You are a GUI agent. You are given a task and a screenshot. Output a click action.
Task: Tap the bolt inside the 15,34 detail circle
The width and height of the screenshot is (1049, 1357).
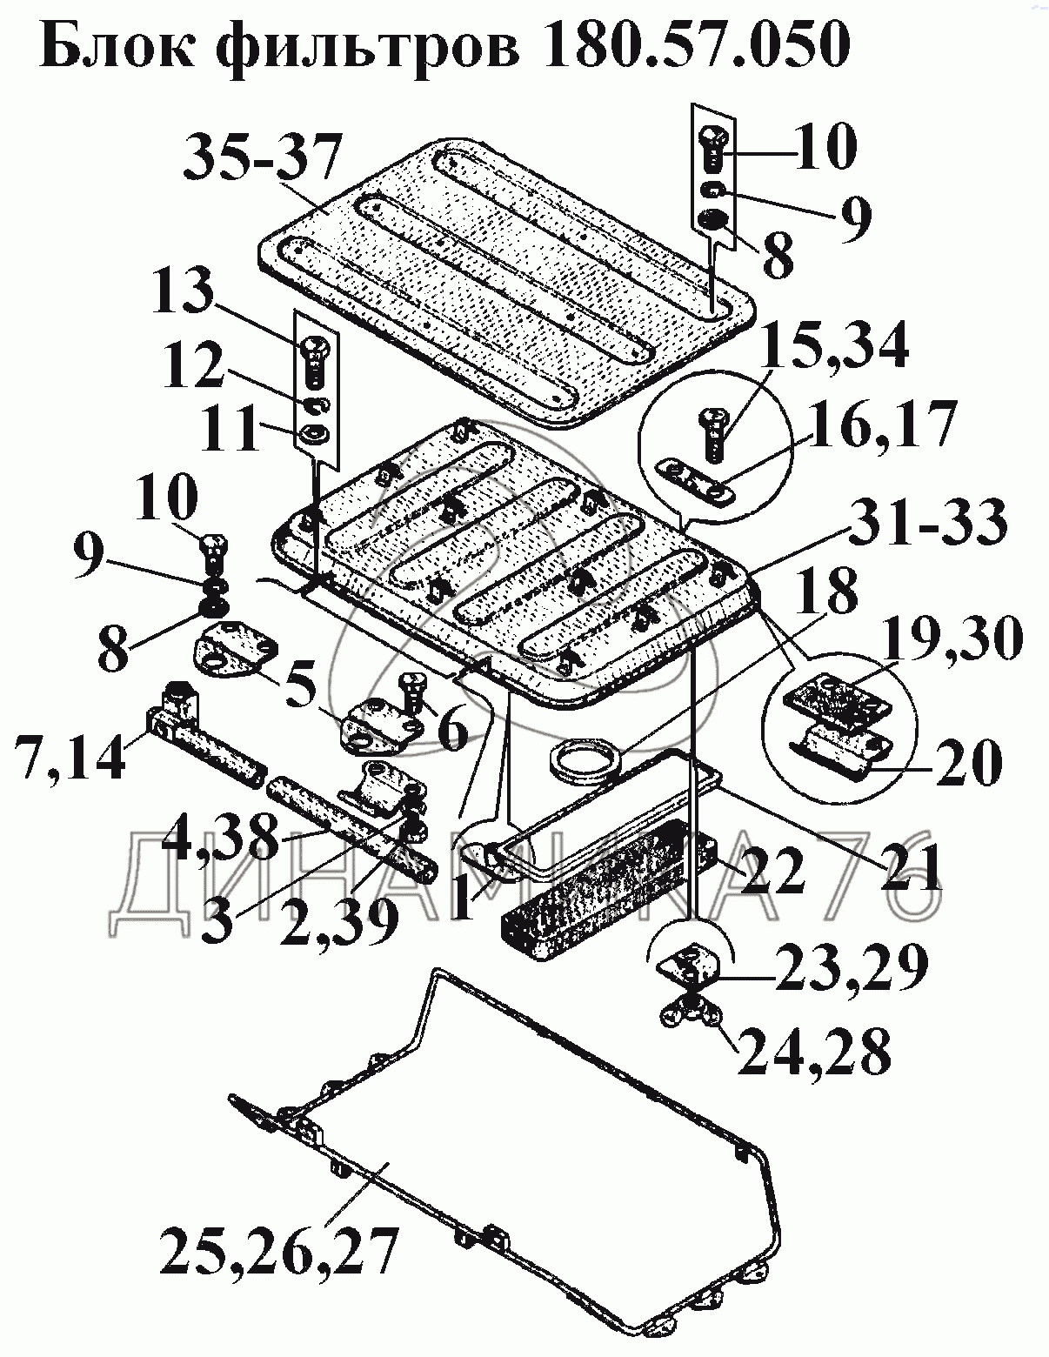709,432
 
